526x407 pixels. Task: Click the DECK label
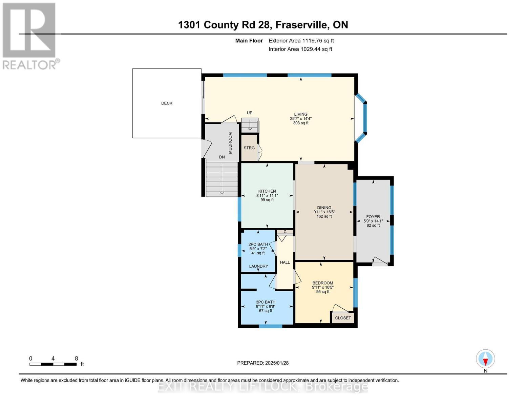167,103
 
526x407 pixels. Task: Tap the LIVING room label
300,114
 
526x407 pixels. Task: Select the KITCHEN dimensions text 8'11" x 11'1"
267,196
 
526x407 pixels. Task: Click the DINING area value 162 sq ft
324,216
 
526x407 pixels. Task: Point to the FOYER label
373,217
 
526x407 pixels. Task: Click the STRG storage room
249,148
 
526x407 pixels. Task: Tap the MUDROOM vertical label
230,143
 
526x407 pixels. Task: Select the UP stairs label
250,113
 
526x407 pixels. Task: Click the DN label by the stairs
222,157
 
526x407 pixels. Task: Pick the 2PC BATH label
258,244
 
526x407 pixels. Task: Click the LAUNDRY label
258,266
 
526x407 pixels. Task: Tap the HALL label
285,262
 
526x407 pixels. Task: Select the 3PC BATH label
266,302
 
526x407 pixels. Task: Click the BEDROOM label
322,283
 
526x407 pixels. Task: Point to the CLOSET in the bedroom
343,318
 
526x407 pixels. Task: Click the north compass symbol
485,359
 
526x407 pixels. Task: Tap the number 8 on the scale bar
76,358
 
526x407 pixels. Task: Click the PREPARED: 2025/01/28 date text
263,363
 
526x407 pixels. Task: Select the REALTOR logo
29,36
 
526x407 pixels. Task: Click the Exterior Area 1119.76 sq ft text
301,41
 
